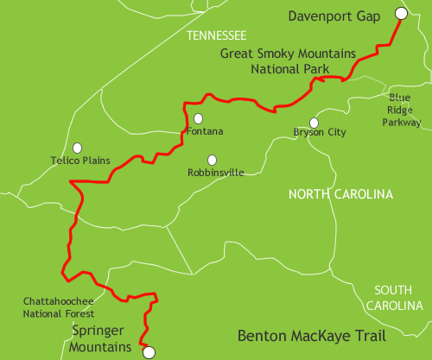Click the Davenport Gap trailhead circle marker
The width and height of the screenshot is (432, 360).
click(401, 13)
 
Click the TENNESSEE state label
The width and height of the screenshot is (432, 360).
click(216, 35)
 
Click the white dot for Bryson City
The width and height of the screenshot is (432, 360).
click(314, 123)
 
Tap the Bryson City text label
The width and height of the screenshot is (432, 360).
click(320, 134)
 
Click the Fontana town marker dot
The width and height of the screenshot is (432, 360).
click(199, 119)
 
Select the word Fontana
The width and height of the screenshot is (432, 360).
click(205, 131)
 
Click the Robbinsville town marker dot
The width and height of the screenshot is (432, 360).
click(212, 159)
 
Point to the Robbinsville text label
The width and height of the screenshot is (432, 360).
click(215, 173)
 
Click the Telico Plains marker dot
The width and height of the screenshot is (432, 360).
click(78, 148)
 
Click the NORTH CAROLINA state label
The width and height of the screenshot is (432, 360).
click(340, 193)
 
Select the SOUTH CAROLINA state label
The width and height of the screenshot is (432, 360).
click(393, 298)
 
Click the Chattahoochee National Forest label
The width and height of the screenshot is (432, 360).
click(59, 307)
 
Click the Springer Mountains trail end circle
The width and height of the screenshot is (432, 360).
click(148, 351)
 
